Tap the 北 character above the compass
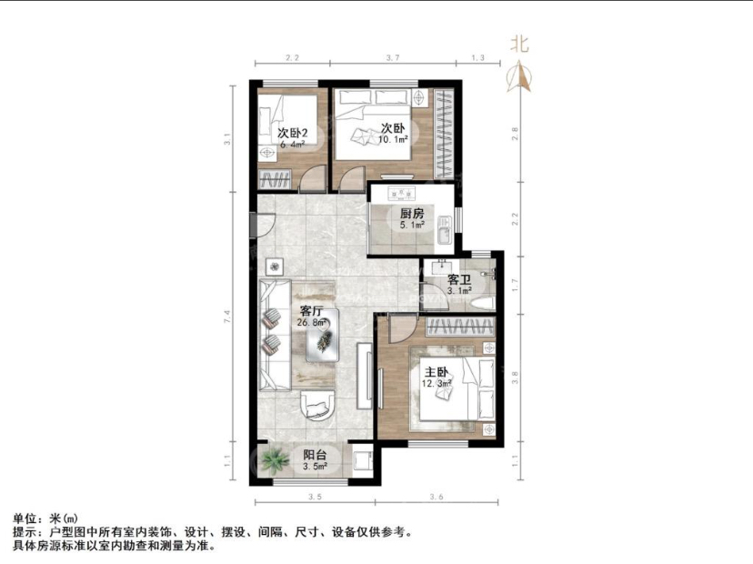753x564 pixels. tap(520, 43)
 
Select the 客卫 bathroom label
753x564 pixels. tap(459, 279)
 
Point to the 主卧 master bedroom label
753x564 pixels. tap(436, 372)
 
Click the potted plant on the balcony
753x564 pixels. tap(273, 460)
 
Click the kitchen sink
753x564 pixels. tap(443, 235)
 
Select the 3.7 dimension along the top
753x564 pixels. tap(392, 58)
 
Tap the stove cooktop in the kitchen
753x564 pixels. tap(400, 194)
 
